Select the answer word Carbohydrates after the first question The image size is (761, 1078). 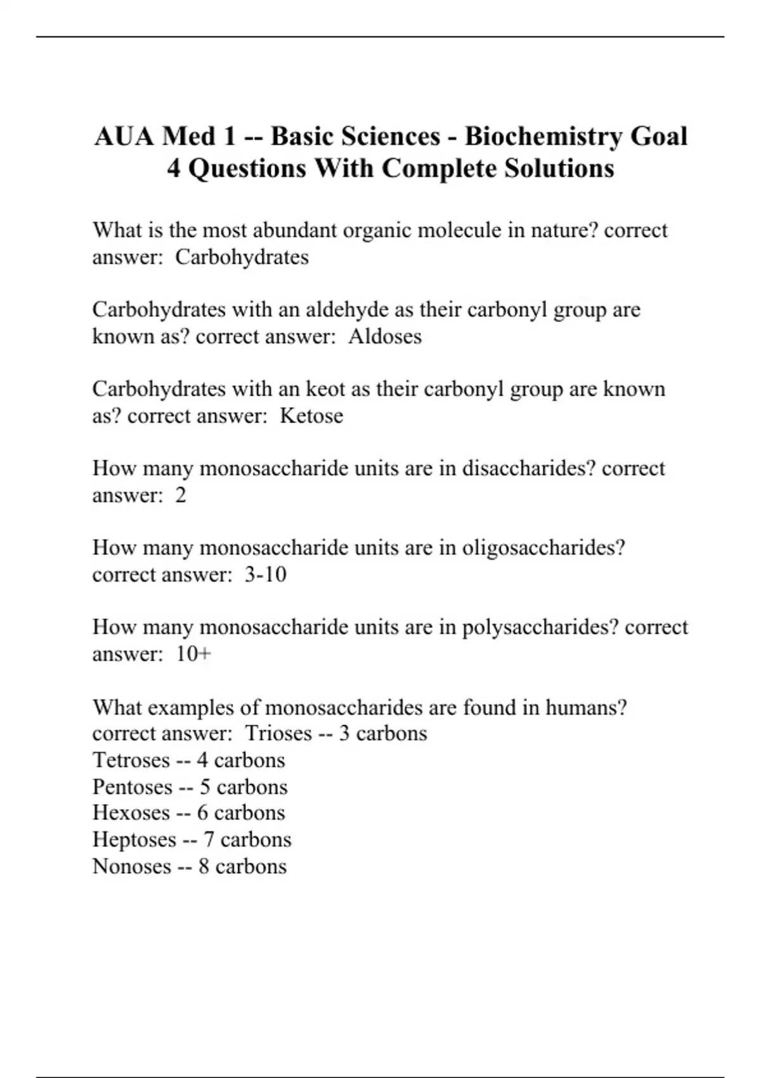[x=242, y=257]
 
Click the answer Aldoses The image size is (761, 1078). [x=385, y=336]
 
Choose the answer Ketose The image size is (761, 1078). [x=311, y=416]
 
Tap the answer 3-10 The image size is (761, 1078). [x=266, y=575]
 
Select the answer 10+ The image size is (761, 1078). [x=193, y=654]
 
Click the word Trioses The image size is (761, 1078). [x=278, y=734]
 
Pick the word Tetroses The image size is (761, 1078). [x=131, y=760]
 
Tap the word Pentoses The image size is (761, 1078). [x=133, y=787]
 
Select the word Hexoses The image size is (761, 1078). [x=131, y=813]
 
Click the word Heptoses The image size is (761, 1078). [x=134, y=840]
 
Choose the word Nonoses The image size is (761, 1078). [x=131, y=866]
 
